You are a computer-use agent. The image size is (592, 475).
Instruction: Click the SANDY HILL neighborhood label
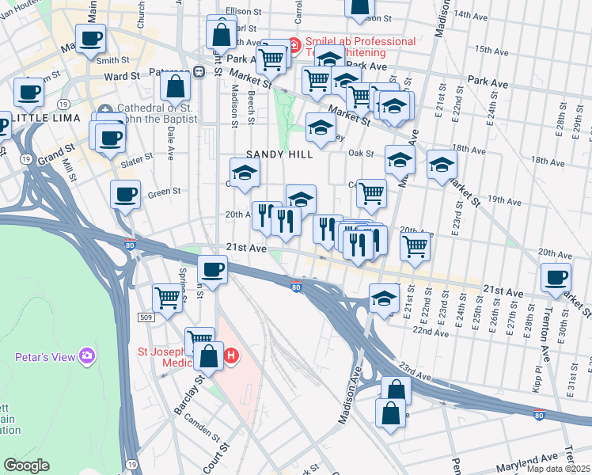pos(279,154)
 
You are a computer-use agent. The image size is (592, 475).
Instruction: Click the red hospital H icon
pos(231,355)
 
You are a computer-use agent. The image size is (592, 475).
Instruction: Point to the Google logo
pos(26,465)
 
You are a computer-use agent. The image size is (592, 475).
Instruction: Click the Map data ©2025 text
pos(558,469)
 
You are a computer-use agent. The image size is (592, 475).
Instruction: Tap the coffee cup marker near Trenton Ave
pos(556,276)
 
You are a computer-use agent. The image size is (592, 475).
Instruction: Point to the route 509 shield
pos(145,317)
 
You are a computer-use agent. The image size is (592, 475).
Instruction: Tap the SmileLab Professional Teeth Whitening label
pos(356,47)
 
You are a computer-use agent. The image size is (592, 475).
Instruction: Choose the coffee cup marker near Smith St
pos(90,37)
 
